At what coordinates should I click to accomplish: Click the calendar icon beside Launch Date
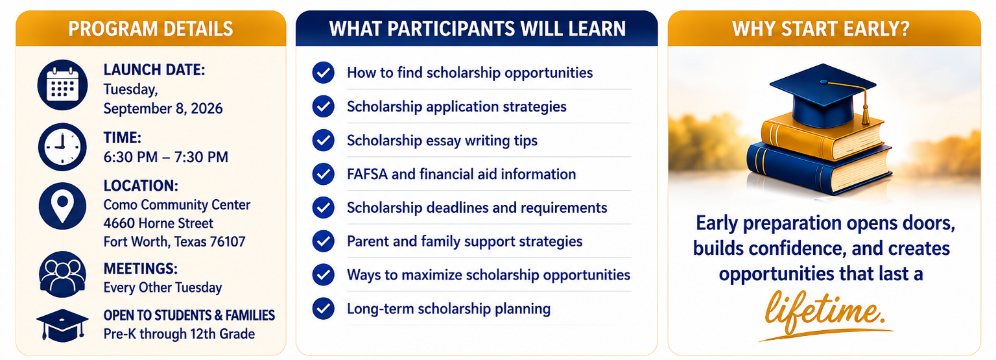click(x=62, y=85)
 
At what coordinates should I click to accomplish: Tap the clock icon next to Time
click(x=62, y=147)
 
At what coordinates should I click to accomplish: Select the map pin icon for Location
click(x=62, y=206)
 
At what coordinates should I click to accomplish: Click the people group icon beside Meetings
click(x=62, y=274)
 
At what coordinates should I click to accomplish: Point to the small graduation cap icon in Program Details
click(x=62, y=326)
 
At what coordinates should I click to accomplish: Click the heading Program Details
click(x=150, y=29)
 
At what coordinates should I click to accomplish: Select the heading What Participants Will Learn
click(x=477, y=29)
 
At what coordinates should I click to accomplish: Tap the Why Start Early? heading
click(x=821, y=29)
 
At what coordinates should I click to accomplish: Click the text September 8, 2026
click(x=163, y=108)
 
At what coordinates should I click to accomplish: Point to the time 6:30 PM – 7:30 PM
click(x=166, y=157)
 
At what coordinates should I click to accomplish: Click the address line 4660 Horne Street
click(x=158, y=223)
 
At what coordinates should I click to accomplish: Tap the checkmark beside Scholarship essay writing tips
click(x=324, y=141)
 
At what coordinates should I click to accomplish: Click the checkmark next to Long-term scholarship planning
click(x=324, y=308)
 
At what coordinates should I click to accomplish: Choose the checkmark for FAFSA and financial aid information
click(x=324, y=174)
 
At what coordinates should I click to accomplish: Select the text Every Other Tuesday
click(x=163, y=288)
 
